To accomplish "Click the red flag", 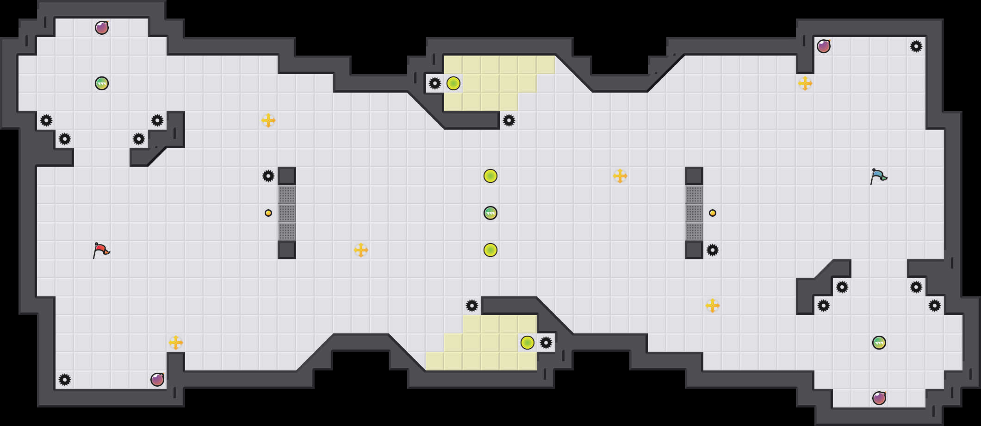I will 101,250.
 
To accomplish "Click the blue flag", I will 878,176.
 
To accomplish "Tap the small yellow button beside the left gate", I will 268,213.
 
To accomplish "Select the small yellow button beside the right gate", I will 713,213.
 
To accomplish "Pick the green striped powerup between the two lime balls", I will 490,213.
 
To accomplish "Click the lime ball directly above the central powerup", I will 490,176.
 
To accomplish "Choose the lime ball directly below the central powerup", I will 490,250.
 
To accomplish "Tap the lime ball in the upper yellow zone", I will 453,83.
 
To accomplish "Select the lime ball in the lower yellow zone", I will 528,343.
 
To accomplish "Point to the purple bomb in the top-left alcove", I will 102,28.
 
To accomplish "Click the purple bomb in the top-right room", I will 824,46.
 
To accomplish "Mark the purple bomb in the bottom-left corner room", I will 157,380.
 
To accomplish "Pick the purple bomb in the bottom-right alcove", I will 879,398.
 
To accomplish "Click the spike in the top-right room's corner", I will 916,46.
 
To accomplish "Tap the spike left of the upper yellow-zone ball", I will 435,83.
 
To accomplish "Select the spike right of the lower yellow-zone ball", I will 546,343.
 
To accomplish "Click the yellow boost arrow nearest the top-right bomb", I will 805,83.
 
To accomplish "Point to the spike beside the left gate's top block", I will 268,176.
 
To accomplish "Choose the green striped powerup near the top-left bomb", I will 102,83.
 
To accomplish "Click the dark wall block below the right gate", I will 694,250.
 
